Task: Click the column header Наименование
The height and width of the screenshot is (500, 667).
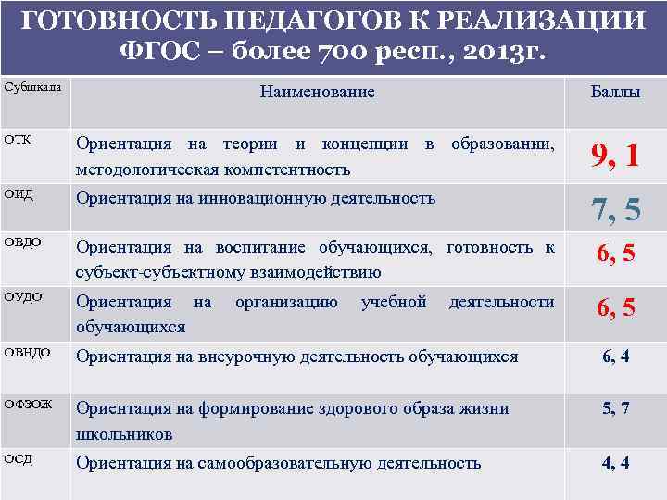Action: click(318, 92)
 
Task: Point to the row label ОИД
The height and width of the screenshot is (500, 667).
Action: click(19, 193)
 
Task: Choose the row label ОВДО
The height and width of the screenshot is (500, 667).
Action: click(24, 243)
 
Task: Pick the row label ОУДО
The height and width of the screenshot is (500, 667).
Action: click(24, 298)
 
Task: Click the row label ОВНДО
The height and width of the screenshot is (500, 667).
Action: click(28, 351)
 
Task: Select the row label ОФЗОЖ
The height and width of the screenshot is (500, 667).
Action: click(30, 404)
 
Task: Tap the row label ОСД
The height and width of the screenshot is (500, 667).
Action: click(19, 458)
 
